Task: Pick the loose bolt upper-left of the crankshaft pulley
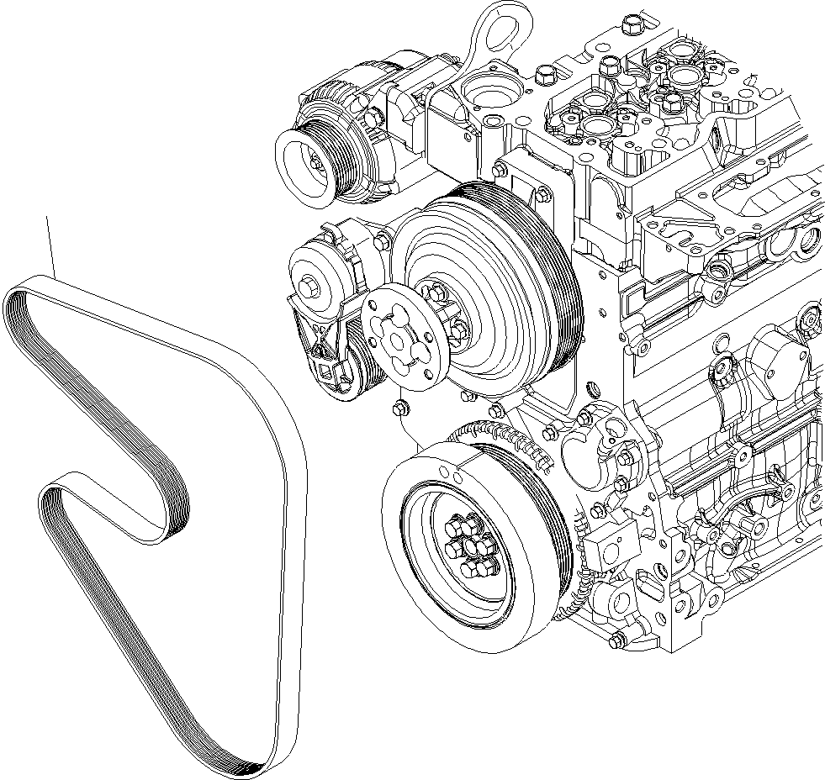(x=400, y=408)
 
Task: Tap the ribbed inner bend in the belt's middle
(x=172, y=513)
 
